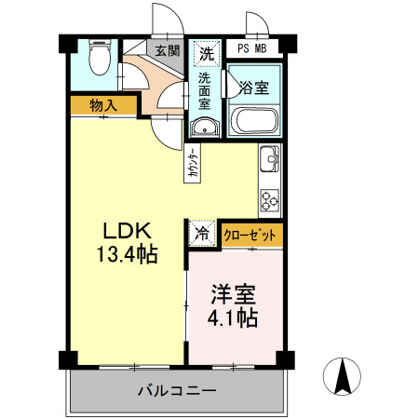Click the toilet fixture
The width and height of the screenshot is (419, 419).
(100, 57)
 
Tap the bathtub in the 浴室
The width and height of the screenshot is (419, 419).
(254, 121)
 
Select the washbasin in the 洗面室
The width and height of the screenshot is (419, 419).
(205, 128)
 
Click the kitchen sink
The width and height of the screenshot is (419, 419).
(270, 159)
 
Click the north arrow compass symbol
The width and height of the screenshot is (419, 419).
(342, 376)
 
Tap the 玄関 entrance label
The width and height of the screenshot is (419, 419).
(167, 50)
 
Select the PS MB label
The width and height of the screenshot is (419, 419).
(252, 48)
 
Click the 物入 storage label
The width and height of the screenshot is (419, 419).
(103, 105)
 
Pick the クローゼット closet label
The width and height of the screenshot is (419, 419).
(250, 236)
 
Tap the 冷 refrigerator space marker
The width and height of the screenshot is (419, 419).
(202, 234)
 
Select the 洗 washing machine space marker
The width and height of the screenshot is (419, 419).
(207, 54)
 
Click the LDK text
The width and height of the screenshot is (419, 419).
(128, 230)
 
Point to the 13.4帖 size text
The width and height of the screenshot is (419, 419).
(128, 254)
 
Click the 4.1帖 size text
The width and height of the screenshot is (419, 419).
(233, 318)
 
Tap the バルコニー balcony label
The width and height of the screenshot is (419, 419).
(177, 390)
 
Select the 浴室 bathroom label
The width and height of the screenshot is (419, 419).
(254, 88)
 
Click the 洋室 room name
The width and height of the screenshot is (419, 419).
(234, 294)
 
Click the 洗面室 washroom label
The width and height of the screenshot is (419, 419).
(204, 90)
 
